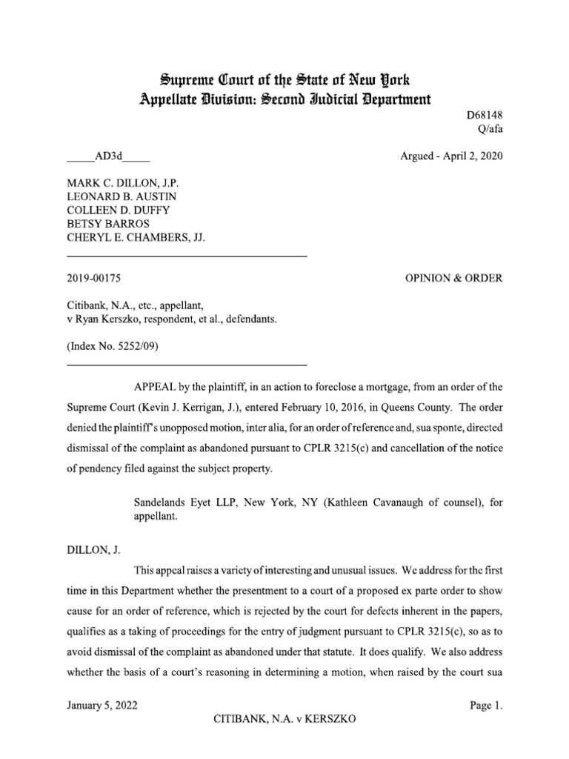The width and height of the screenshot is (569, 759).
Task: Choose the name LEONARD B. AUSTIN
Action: click(122, 196)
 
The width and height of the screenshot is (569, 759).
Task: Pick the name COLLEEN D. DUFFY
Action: click(119, 210)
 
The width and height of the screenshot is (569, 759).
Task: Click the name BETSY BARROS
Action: click(107, 223)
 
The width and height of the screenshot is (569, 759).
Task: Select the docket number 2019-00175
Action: click(94, 278)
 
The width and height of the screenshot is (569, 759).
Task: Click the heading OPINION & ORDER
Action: click(453, 278)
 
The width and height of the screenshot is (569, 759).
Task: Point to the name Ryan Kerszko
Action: click(103, 318)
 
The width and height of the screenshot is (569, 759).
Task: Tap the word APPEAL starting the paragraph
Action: click(154, 386)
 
